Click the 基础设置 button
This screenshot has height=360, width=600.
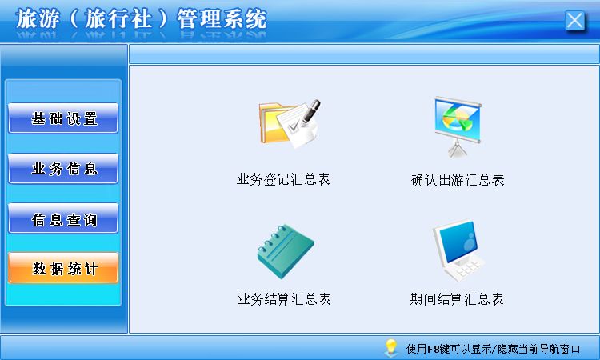[x=63, y=118]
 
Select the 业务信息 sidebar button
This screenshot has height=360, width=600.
[x=63, y=168]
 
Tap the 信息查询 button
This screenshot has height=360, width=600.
[x=63, y=218]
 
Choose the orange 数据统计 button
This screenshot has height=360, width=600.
[x=63, y=268]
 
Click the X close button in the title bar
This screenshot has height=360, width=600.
[x=574, y=20]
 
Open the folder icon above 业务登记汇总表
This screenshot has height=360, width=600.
[x=290, y=123]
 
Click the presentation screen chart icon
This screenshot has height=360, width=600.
[x=458, y=126]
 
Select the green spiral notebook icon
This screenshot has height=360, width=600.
[x=286, y=251]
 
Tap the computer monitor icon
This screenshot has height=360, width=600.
[x=458, y=250]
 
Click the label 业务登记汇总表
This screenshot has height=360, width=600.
[x=283, y=179]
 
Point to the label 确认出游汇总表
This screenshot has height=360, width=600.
[x=458, y=180]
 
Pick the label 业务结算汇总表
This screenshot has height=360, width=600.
[x=284, y=299]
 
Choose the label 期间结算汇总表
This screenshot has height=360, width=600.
[x=457, y=299]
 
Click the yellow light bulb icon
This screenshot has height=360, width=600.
[x=390, y=346]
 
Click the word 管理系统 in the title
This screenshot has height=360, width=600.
[x=222, y=18]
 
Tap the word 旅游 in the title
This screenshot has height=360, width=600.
[x=38, y=18]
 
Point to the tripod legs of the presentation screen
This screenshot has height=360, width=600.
[x=458, y=149]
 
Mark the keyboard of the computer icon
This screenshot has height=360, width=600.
[x=465, y=270]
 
